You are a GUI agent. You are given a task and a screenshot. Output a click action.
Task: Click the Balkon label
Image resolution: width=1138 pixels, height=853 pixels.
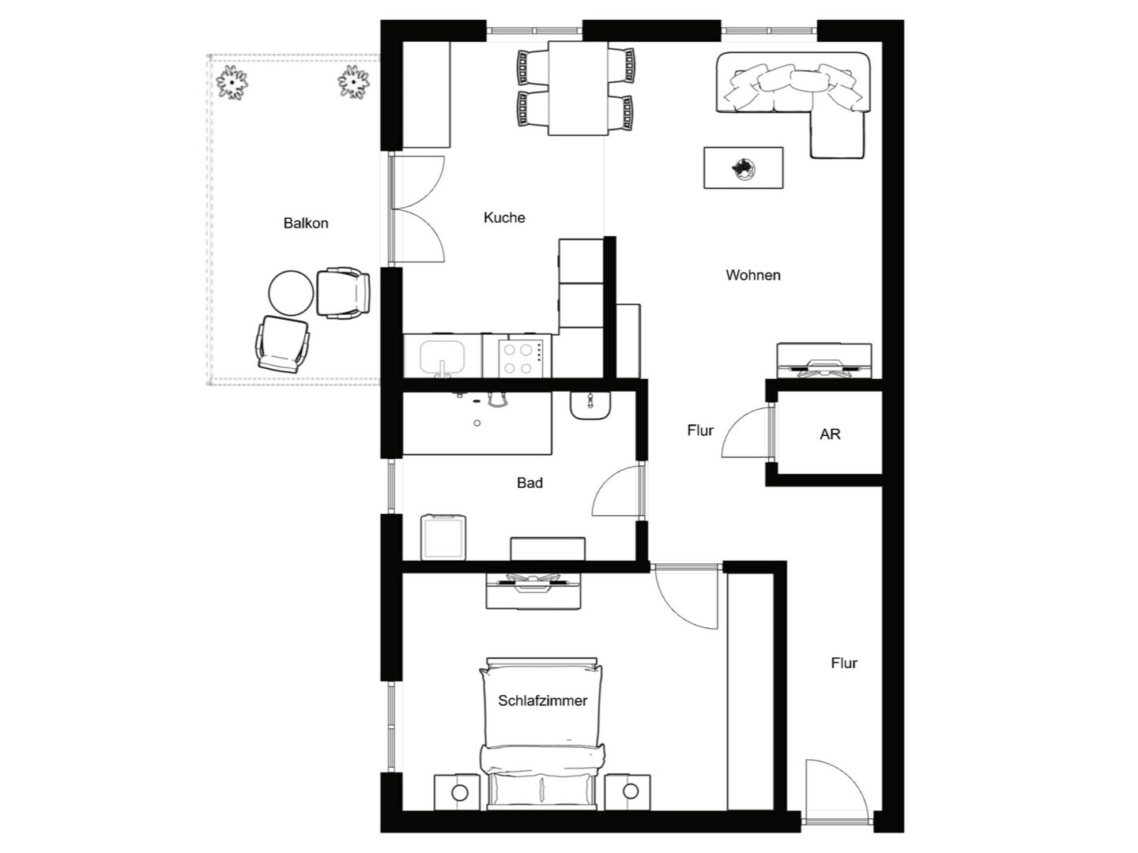305,224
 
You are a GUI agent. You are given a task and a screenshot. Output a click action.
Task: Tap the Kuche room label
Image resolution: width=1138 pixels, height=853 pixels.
504,217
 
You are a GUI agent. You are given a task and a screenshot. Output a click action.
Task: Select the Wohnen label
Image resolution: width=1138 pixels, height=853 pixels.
753,275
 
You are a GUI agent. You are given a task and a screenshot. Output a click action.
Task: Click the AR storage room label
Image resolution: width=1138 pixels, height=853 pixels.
830,434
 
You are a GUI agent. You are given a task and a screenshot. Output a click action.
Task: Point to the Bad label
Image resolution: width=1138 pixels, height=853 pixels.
529,483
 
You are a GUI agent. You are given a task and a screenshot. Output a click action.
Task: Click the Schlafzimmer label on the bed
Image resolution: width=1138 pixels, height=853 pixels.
543,701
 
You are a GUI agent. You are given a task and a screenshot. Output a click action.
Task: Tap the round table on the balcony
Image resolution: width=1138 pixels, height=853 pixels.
291,292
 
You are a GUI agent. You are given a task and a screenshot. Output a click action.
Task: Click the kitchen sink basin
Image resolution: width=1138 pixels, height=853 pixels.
443,358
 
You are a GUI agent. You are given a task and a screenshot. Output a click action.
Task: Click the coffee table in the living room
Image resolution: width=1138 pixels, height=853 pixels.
743,167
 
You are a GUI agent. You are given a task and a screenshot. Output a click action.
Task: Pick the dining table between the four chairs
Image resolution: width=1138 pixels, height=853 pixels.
578,88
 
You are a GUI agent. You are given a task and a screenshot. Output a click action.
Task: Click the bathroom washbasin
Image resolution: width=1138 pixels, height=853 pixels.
590,406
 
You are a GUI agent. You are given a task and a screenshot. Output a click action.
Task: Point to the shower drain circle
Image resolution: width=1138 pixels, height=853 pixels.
477,423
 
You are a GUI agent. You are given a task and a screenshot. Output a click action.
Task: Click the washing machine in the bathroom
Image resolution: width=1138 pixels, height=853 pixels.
443,537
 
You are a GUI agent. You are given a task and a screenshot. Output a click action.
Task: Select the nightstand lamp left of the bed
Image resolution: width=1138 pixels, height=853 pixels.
459,792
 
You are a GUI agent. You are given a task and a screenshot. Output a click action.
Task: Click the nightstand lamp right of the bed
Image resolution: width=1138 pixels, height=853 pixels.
631,791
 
